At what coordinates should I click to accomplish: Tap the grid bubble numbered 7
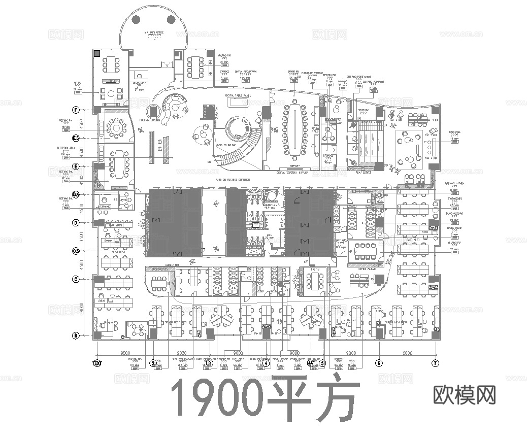[435, 363]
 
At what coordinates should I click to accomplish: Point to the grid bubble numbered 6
[378, 363]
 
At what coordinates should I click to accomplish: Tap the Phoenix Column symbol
[152, 112]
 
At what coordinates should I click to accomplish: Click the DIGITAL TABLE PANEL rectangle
[238, 102]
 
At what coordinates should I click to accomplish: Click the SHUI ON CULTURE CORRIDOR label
[233, 180]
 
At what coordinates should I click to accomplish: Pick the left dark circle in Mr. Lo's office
[136, 20]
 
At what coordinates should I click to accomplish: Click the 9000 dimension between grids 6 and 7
[407, 353]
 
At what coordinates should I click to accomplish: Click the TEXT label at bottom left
[97, 363]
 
